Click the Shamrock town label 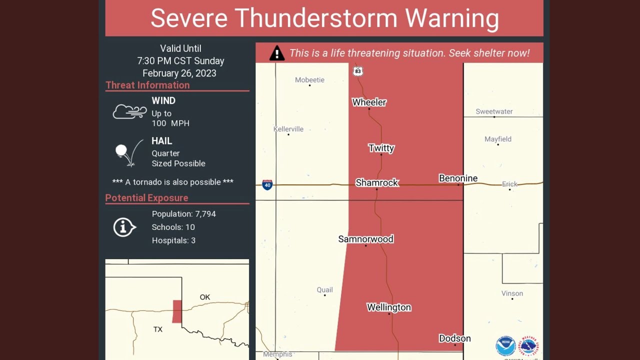[x=377, y=183]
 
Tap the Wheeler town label [x=369, y=102]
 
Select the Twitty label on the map [x=381, y=148]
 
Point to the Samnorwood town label [x=365, y=239]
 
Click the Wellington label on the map [x=388, y=307]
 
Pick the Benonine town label [x=458, y=178]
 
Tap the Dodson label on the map [x=454, y=338]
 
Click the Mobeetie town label [x=309, y=80]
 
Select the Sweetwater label [x=494, y=111]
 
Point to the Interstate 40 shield [x=267, y=185]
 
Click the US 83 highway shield [x=357, y=71]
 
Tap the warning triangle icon [x=276, y=53]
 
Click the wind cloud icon [x=129, y=111]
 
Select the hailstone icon [x=121, y=150]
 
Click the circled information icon [x=124, y=227]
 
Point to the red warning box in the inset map [x=177, y=311]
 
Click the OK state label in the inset [x=205, y=297]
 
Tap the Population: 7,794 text [x=183, y=214]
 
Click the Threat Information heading [x=147, y=85]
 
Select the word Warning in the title [x=452, y=18]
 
